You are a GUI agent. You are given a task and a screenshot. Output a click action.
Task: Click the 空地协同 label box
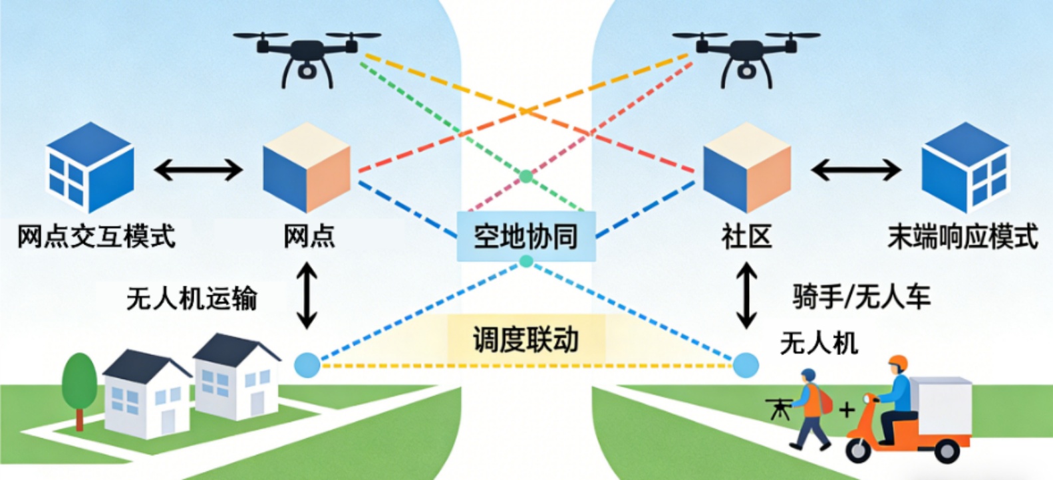[526, 237]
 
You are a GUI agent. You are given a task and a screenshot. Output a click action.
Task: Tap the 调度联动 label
[526, 340]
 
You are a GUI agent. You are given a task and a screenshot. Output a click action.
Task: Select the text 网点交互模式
[96, 236]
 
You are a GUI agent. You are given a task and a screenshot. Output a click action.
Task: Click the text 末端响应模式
[963, 236]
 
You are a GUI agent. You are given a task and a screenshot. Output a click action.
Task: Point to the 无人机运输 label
[192, 299]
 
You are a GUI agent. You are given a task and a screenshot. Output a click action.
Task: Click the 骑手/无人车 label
[861, 297]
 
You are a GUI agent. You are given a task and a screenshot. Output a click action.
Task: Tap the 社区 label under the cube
[746, 237]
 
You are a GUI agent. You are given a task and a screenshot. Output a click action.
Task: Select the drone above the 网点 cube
[307, 57]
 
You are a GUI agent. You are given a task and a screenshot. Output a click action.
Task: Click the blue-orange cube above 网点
[307, 168]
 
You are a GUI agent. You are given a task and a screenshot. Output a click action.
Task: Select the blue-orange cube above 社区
[747, 168]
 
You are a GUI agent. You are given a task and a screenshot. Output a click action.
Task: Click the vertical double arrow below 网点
[307, 295]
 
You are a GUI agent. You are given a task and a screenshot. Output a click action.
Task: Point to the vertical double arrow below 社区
[746, 295]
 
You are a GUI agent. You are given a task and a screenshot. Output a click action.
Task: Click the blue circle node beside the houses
[307, 365]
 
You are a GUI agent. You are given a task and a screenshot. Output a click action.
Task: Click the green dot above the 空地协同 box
[526, 176]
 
